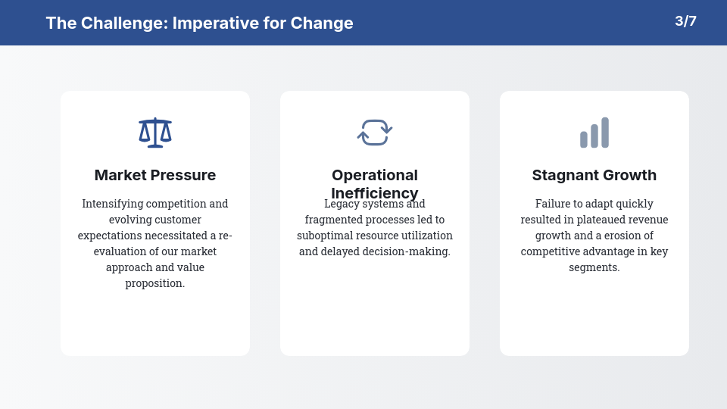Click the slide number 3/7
(685, 21)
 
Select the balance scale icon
(155, 133)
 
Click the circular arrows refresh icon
(375, 133)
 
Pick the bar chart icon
(594, 133)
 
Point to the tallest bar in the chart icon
(605, 133)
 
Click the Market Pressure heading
(155, 175)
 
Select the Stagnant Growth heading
(594, 175)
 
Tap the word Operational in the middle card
(375, 175)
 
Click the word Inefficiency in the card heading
(375, 193)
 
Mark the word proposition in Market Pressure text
(155, 283)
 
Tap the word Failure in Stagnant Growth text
(552, 204)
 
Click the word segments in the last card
(594, 267)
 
